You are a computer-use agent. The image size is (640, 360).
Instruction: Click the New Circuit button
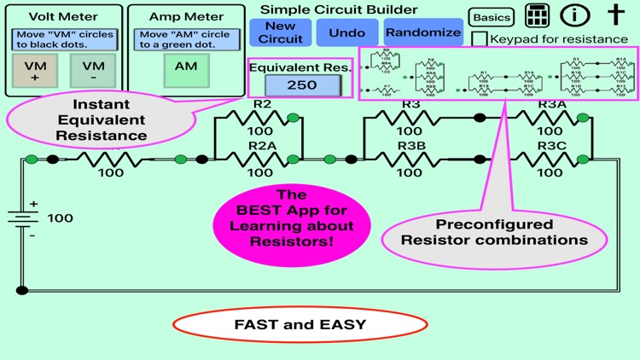coord(280,32)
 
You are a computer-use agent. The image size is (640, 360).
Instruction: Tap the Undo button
coord(346,32)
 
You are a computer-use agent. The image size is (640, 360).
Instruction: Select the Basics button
coord(491,17)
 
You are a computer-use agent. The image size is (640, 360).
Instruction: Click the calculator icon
coord(536,16)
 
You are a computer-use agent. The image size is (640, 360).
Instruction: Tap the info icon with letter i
coord(575,15)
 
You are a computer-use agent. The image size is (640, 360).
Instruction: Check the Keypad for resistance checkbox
coord(480,38)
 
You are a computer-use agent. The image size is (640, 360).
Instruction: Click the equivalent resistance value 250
coord(302,85)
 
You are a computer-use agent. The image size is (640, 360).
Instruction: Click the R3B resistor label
coord(410,147)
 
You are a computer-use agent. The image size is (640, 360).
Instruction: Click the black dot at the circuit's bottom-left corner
coord(21,290)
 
